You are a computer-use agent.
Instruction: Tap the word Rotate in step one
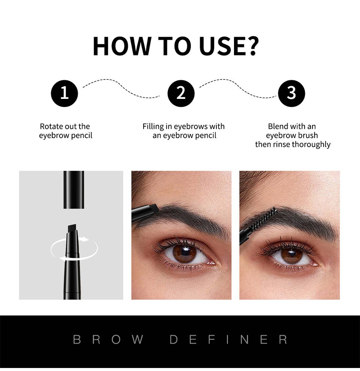[51, 127]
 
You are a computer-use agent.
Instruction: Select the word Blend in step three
[278, 127]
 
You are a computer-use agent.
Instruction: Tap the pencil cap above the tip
[73, 189]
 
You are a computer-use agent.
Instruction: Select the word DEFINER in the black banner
[229, 340]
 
